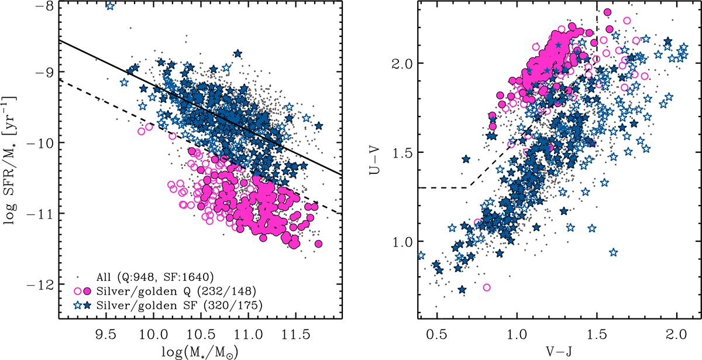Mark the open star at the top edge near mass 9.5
coord(109,6)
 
